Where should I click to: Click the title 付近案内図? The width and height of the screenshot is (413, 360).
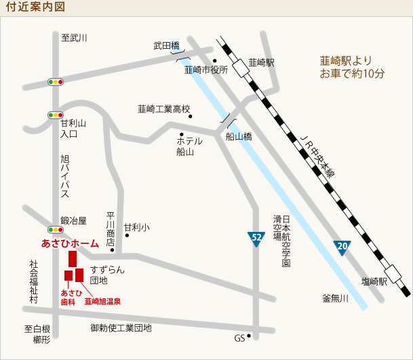[x=35, y=7]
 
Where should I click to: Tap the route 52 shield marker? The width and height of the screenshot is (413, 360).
[x=256, y=238]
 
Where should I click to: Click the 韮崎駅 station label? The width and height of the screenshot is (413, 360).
[x=261, y=62]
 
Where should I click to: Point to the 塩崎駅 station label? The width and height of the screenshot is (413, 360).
[x=374, y=281]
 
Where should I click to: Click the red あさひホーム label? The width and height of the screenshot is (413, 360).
[x=71, y=242]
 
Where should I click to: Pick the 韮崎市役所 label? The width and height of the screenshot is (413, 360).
[x=206, y=69]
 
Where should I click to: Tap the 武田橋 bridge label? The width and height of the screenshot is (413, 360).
[x=166, y=46]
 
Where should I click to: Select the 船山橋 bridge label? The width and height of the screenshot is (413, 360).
[x=239, y=136]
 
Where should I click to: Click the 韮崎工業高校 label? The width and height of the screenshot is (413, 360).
[x=164, y=108]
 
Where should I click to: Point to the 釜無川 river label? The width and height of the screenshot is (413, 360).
[x=335, y=298]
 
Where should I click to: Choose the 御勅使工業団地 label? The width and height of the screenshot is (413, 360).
[x=121, y=328]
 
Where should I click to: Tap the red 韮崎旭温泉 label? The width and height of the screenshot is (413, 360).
[x=102, y=300]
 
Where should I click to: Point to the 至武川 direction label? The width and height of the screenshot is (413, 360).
[x=75, y=38]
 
